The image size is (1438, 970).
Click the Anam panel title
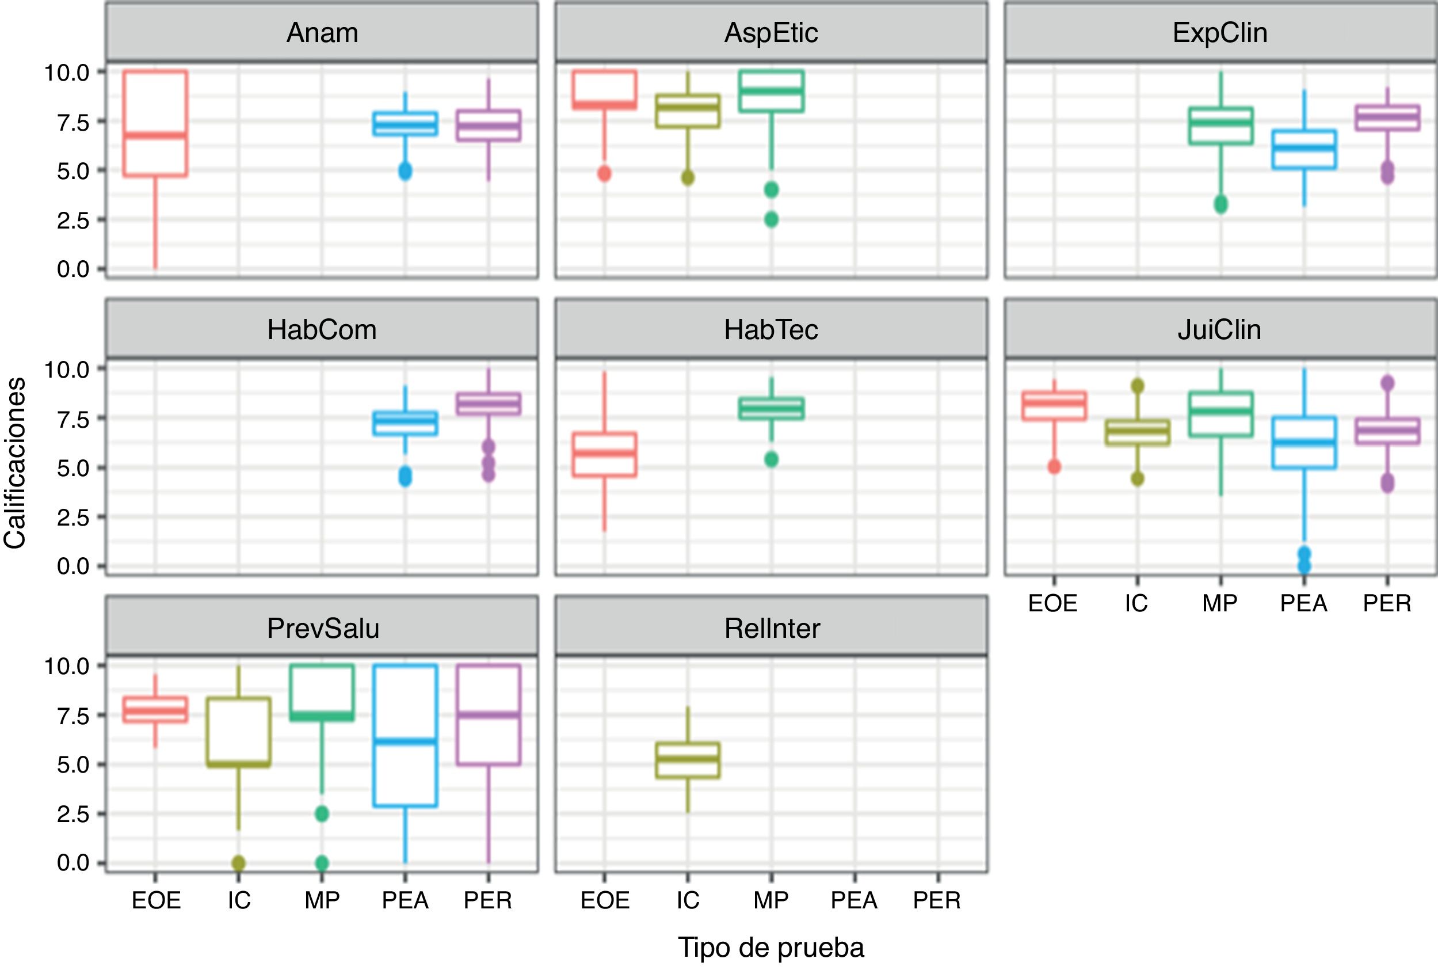[x=322, y=33]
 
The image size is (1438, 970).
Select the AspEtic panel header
[x=771, y=33]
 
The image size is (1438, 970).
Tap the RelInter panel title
[x=772, y=628]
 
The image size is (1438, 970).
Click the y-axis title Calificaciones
[x=15, y=463]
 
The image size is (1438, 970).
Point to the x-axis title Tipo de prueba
[x=771, y=947]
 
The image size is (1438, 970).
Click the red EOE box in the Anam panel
[x=155, y=124]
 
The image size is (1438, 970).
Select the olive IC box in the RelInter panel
[x=688, y=760]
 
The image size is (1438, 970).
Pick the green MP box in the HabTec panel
[x=771, y=409]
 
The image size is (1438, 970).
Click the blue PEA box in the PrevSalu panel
[x=405, y=736]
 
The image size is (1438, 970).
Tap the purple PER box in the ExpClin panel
[x=1387, y=117]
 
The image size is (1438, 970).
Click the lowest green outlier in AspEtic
[x=771, y=219]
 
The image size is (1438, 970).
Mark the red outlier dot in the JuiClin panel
[x=1054, y=466]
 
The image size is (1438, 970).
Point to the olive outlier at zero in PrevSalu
[x=239, y=862]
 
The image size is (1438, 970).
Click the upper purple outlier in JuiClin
[x=1387, y=383]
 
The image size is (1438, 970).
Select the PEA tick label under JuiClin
[x=1303, y=603]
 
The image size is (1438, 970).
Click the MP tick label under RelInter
[x=771, y=900]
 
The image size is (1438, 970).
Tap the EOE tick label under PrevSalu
[x=156, y=900]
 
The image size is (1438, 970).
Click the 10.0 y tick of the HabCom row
[x=66, y=370]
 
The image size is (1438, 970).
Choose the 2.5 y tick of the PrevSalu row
[x=73, y=813]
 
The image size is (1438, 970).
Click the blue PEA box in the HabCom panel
[x=405, y=424]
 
